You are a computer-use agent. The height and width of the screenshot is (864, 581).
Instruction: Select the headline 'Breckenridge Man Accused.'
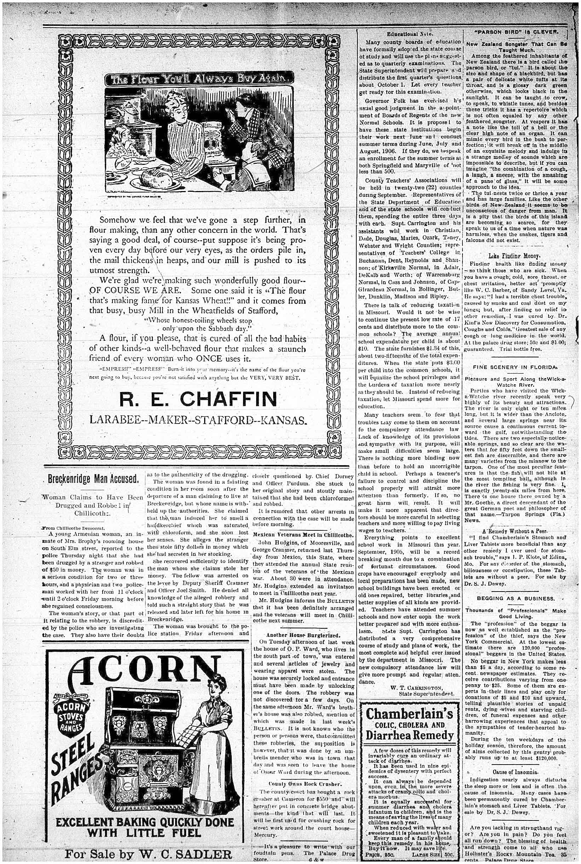coord(94,479)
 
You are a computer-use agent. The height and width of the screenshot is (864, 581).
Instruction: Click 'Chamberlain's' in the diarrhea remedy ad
coord(409,713)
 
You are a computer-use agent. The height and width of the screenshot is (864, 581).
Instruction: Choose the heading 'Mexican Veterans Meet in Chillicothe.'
coord(304,535)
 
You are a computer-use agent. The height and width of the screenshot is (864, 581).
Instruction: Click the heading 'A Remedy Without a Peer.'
coord(515,531)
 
